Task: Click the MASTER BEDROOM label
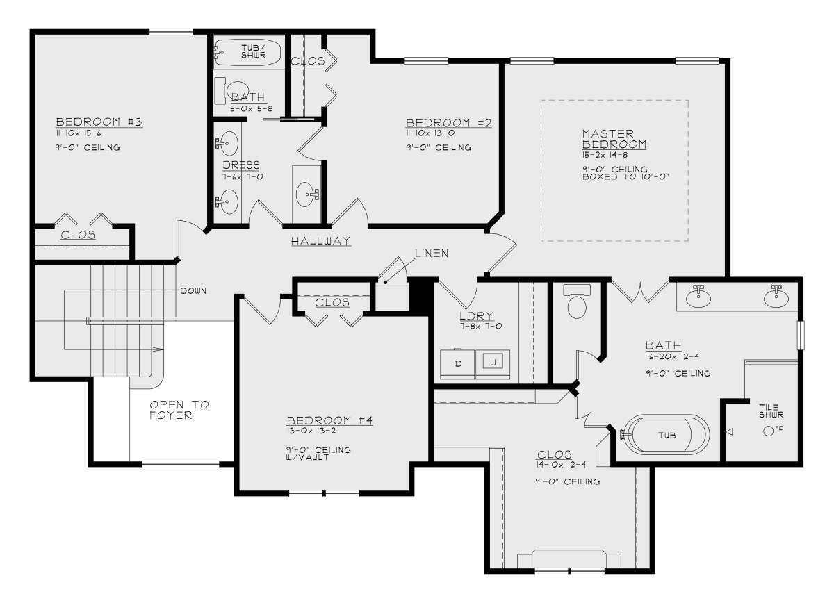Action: (614, 139)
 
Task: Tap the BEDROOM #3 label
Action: (99, 122)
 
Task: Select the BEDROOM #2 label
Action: (449, 122)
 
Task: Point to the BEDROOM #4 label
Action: (329, 420)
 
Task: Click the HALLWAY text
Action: (320, 241)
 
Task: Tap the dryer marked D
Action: (457, 363)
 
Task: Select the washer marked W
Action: (493, 363)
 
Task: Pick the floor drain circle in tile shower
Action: (768, 431)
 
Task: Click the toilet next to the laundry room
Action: (577, 301)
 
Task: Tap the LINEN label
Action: (432, 253)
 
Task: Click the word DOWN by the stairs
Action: (193, 290)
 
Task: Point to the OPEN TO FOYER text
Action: (179, 410)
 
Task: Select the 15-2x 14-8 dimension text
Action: (605, 155)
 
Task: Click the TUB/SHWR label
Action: (253, 51)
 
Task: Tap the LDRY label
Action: (476, 316)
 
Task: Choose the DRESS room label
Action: (241, 165)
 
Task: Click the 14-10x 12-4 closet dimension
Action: (561, 465)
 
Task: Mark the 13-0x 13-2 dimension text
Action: (311, 431)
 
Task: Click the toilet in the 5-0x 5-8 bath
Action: (233, 91)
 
